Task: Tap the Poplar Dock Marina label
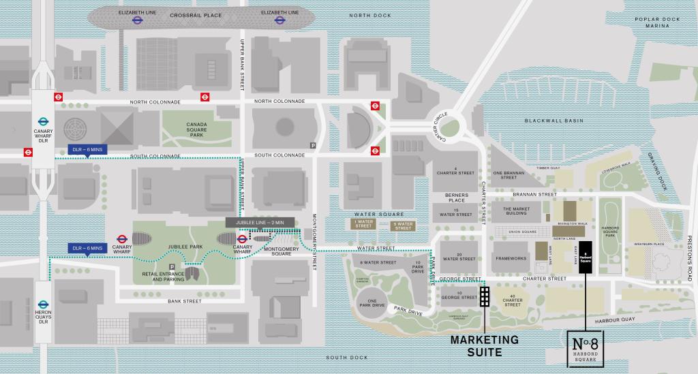point(653,22)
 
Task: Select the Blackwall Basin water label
point(555,121)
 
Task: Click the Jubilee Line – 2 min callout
point(261,222)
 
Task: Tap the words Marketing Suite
point(485,345)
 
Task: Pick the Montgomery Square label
point(277,251)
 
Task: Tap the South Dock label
point(346,358)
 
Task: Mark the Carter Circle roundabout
point(451,128)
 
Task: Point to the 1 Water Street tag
point(363,224)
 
